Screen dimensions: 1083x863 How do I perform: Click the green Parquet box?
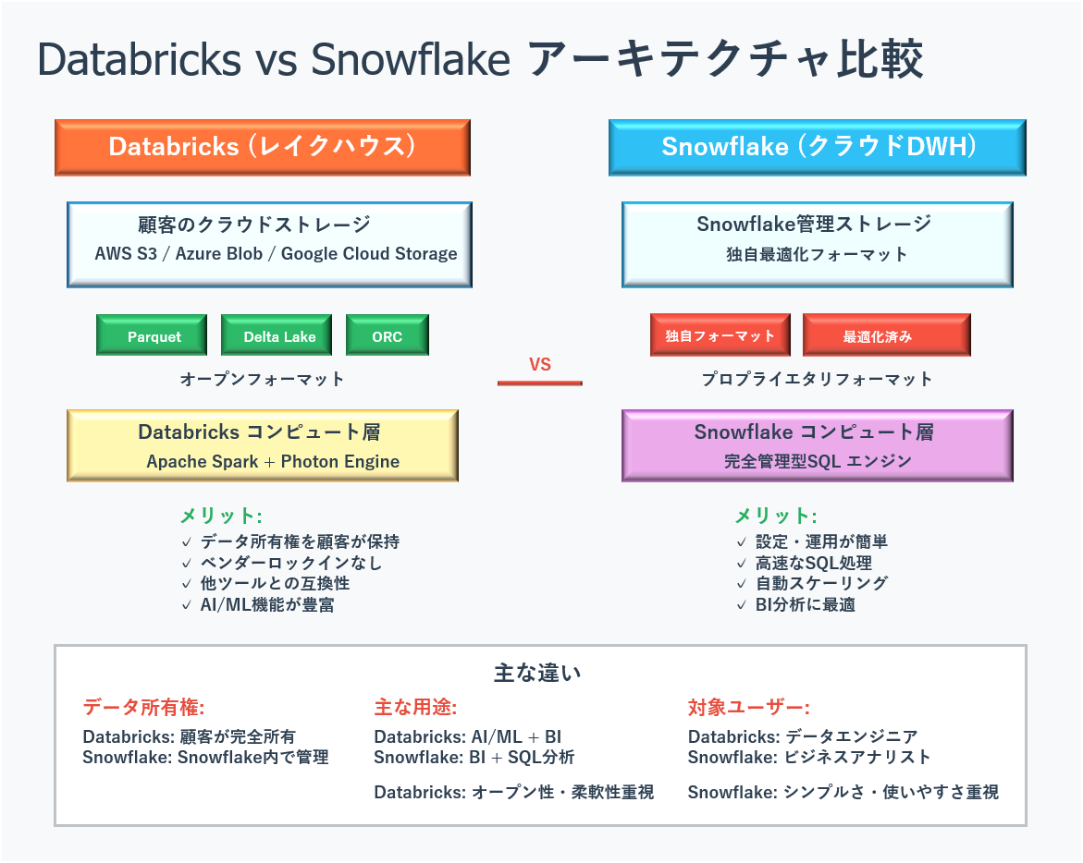152,335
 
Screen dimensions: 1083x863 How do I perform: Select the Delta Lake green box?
277,335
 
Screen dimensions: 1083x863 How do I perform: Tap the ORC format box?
388,335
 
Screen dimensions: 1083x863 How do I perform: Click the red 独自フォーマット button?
720,335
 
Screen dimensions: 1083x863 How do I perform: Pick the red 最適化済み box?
887,335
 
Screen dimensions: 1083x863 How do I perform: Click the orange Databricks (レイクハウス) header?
263,148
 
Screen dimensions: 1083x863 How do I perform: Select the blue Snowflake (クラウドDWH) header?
818,148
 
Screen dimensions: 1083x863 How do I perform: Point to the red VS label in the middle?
540,364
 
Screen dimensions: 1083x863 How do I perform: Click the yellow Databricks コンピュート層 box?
263,445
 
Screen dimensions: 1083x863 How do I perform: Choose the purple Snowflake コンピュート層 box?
818,445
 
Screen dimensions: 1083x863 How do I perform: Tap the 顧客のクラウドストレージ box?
269,245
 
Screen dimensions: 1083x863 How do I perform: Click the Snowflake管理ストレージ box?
818,245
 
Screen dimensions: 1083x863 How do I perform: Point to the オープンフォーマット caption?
262,379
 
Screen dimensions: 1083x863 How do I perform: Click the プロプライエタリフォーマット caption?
817,379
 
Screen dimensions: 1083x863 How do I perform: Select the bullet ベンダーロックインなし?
290,563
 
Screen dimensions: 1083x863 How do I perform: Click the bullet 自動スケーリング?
822,584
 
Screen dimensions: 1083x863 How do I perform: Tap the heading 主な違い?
537,673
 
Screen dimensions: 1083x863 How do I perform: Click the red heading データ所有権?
143,707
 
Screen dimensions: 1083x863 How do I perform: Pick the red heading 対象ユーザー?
749,707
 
